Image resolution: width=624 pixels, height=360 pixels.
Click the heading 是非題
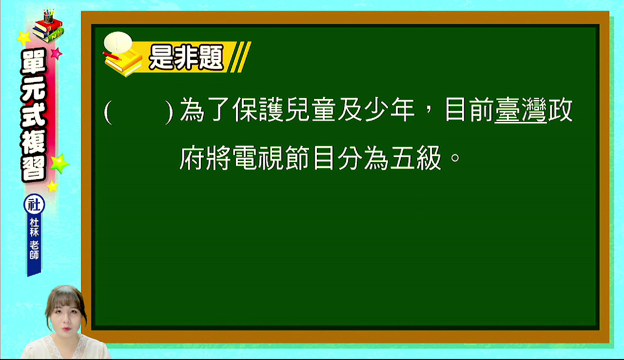pos(186,58)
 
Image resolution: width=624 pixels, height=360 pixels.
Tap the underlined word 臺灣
pos(520,110)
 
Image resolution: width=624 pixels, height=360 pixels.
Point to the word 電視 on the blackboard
pos(258,158)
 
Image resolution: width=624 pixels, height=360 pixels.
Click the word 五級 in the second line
pos(416,158)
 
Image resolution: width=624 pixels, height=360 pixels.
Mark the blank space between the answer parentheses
pos(138,111)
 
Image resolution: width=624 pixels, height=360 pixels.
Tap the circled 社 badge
pos(34,204)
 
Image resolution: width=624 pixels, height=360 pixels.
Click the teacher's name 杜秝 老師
pos(34,239)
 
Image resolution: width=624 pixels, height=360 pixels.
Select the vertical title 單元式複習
pos(34,115)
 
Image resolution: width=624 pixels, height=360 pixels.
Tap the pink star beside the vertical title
pos(57,54)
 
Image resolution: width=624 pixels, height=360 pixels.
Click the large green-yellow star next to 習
pos(59,163)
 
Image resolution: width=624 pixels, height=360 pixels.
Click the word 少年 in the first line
pos(390,110)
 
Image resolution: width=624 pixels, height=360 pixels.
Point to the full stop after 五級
pos(455,158)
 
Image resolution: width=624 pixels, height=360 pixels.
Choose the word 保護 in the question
pos(258,110)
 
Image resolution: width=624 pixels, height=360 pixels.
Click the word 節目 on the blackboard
pos(311,158)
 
